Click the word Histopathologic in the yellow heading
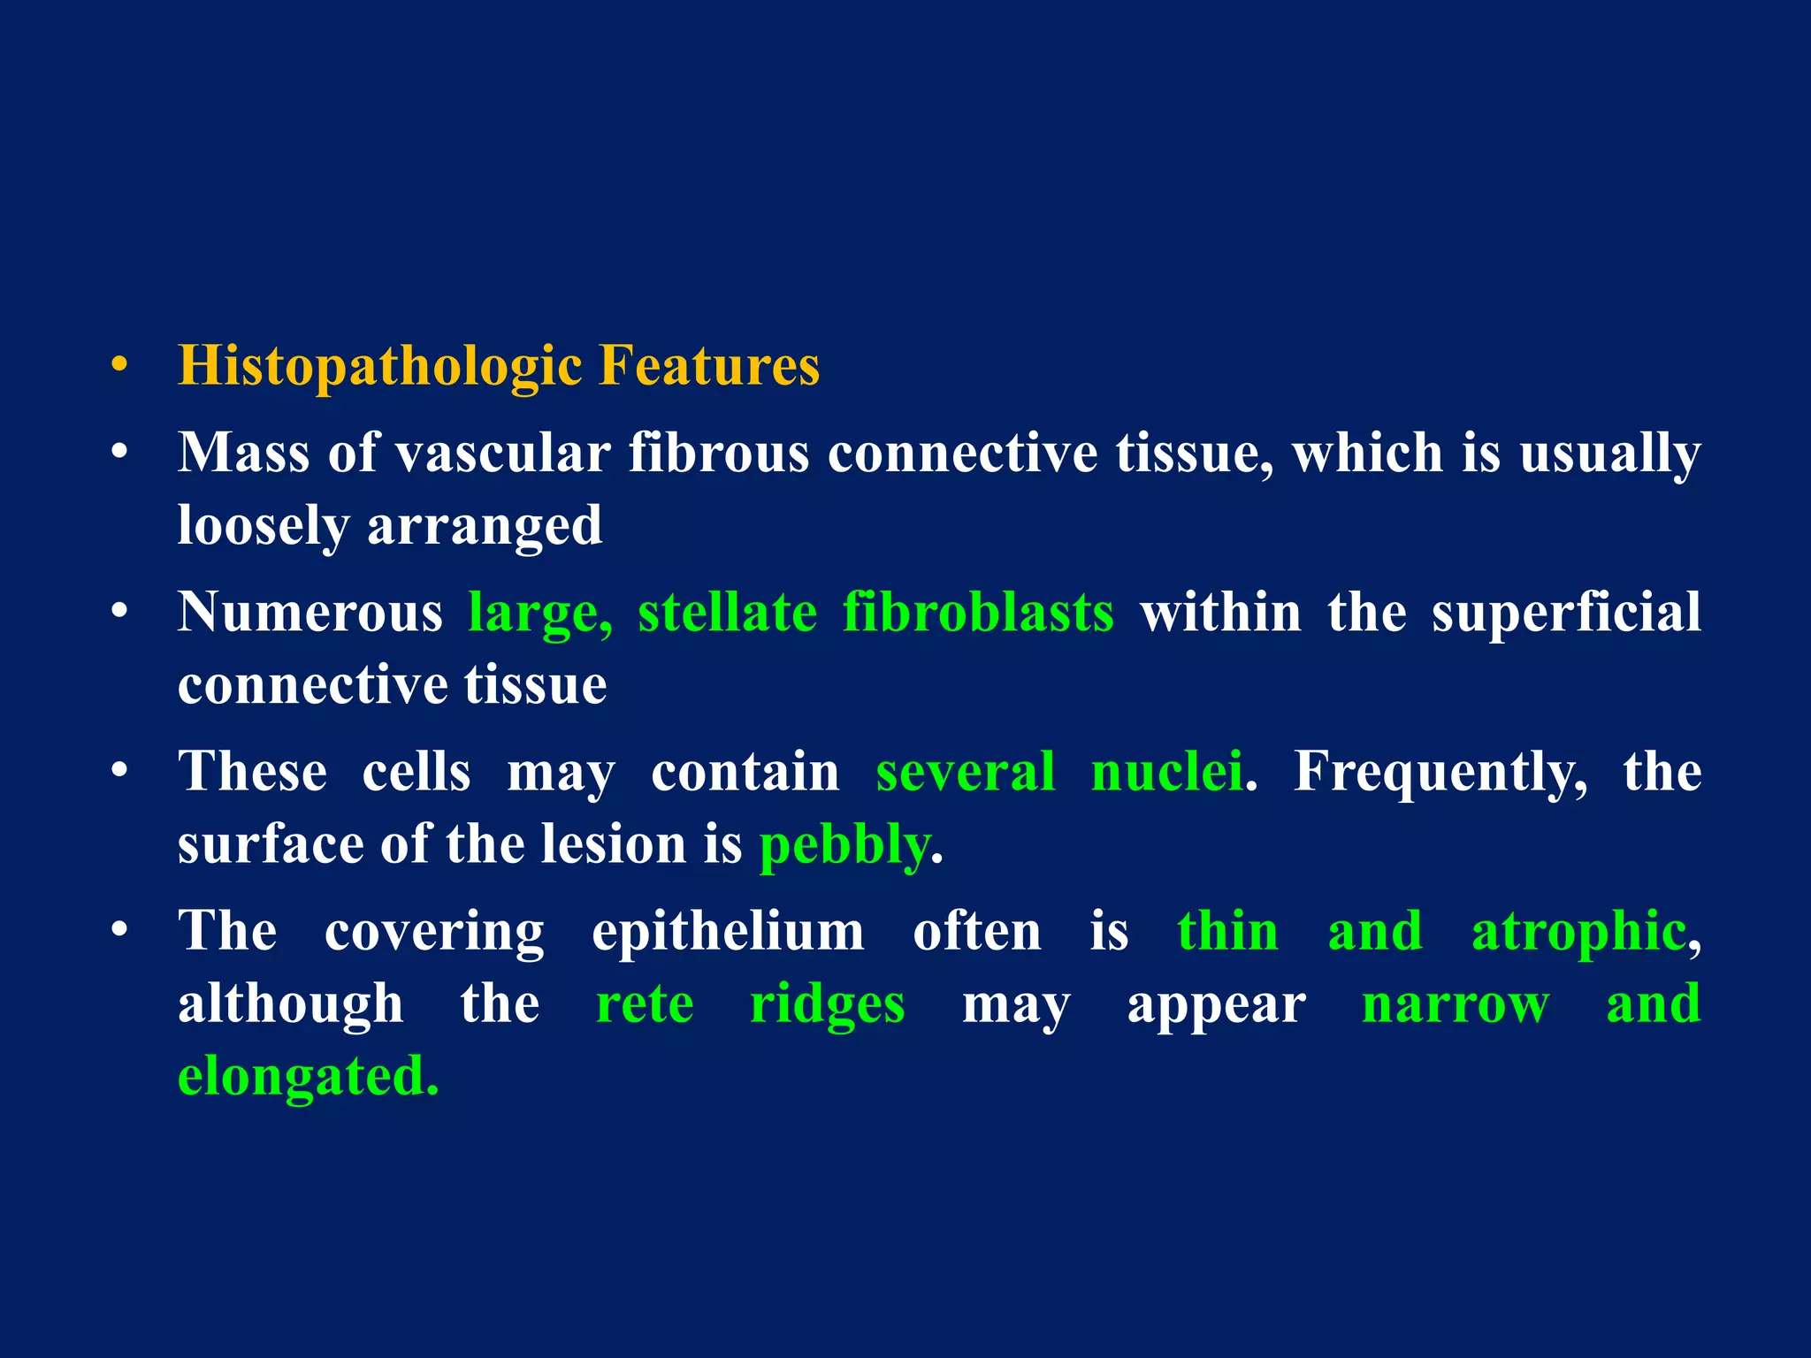[379, 367]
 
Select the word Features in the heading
[709, 365]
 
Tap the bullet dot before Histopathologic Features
[119, 365]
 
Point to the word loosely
[263, 527]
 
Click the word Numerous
[309, 612]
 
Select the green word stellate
[727, 612]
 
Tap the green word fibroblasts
[978, 612]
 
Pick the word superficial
[1566, 612]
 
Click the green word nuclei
[1167, 772]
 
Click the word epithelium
[728, 933]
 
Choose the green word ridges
[827, 1005]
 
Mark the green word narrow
[1456, 1005]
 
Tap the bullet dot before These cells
[119, 771]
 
